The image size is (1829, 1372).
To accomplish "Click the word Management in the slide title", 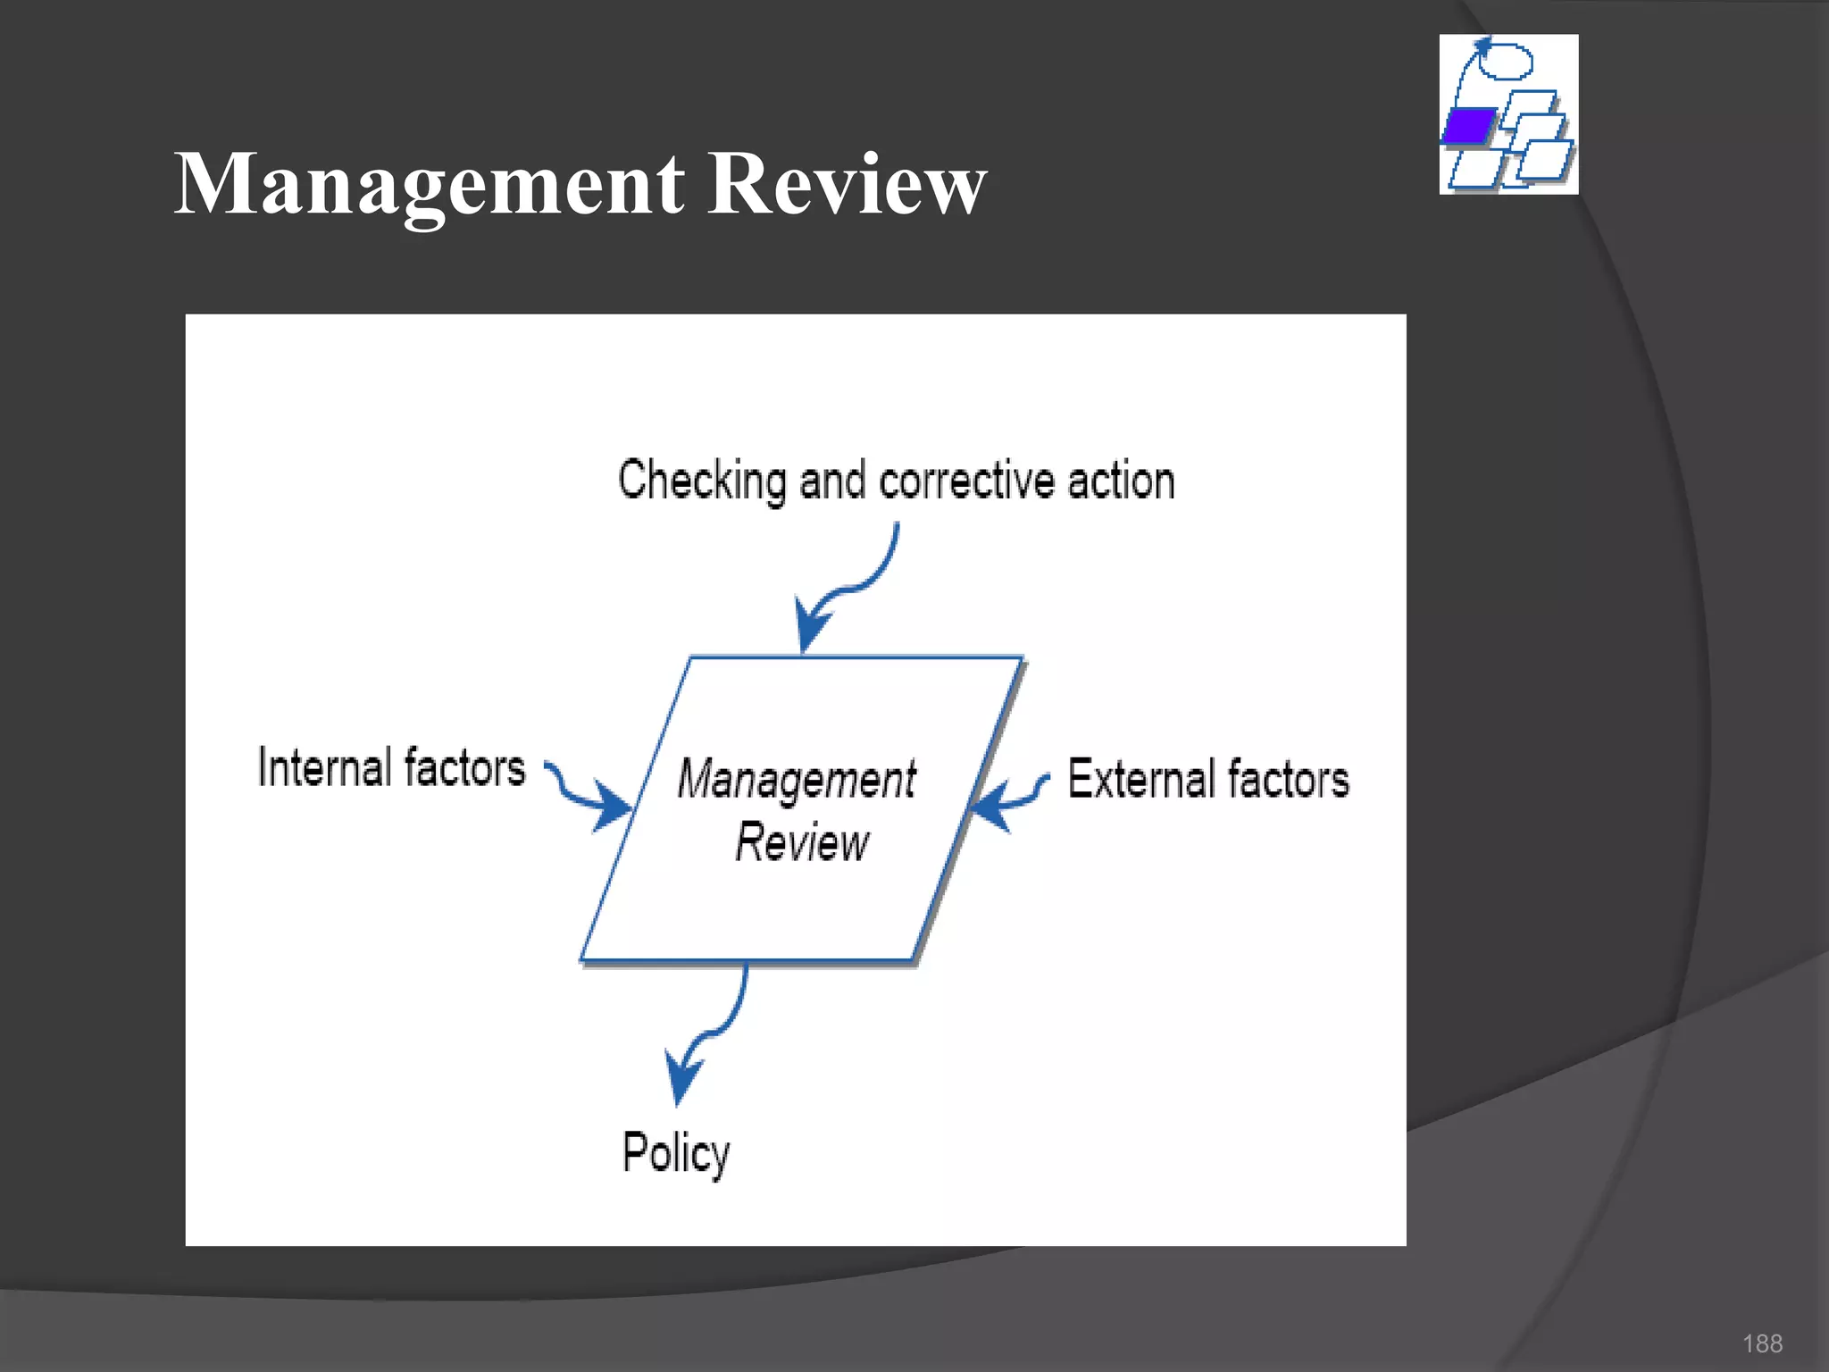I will pos(430,185).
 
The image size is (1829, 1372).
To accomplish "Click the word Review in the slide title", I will pos(846,185).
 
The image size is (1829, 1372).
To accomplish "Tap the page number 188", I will pos(1762,1343).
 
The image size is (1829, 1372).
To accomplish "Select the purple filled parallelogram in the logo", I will pos(1468,126).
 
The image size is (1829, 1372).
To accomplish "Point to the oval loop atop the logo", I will pos(1507,61).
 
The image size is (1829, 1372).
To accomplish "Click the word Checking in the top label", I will pos(702,481).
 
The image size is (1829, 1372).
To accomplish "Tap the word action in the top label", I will pos(1121,481).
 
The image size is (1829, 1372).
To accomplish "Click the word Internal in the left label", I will pos(324,767).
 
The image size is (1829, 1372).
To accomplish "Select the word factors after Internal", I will pos(465,767).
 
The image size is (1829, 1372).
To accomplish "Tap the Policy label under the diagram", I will pos(676,1153).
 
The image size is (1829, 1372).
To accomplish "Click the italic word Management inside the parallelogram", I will pos(797,779).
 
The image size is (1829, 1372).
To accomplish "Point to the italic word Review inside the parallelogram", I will pos(801,842).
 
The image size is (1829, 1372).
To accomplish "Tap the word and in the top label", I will pos(831,481).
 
